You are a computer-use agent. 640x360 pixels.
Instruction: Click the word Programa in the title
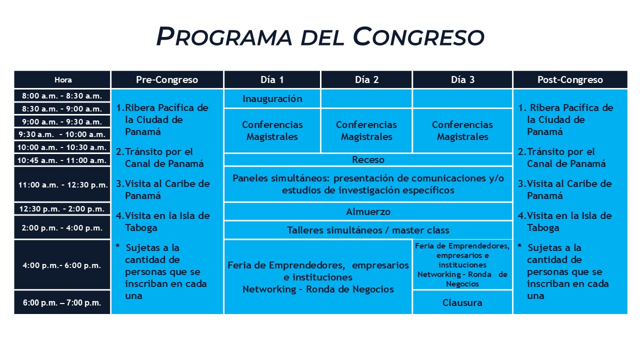pos(224,36)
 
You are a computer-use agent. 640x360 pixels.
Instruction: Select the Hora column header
pos(62,79)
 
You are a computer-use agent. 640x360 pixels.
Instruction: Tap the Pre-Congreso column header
pos(167,79)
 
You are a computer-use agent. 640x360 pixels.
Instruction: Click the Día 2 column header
pos(366,79)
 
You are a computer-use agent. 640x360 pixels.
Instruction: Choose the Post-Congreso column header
pos(570,79)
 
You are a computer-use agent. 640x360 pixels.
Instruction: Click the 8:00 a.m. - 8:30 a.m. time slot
pos(62,95)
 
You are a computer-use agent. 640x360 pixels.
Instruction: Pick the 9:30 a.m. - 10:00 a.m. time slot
pos(62,134)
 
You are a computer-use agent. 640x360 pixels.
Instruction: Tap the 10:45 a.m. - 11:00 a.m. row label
pos(62,160)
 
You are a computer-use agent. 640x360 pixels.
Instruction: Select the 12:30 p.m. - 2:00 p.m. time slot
pos(62,209)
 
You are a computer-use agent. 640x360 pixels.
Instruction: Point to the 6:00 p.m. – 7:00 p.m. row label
pos(62,302)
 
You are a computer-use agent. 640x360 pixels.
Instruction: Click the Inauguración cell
pos(272,99)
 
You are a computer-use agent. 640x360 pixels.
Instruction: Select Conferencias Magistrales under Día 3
pos(462,130)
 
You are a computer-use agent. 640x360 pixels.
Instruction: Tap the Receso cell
pos(368,159)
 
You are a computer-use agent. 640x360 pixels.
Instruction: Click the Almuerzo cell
pos(368,211)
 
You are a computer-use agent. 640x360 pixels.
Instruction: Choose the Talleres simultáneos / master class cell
pos(368,230)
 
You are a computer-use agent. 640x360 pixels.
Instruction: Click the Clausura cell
pos(462,302)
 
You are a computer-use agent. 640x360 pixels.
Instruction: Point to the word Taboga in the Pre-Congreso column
pos(141,228)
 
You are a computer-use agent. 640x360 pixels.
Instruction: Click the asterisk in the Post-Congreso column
pos(519,245)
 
